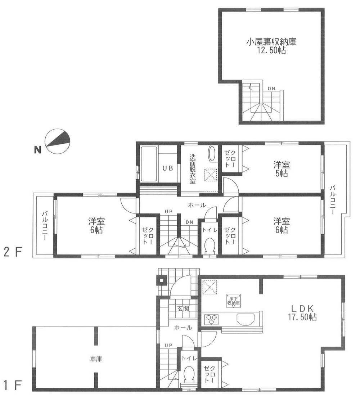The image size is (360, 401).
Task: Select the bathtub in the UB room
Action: (149, 164)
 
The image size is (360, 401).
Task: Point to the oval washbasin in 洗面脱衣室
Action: (212, 154)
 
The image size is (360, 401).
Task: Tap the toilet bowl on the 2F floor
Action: (209, 247)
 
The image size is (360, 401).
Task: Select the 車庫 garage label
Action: (95, 359)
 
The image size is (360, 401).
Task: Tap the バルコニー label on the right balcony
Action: (333, 200)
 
